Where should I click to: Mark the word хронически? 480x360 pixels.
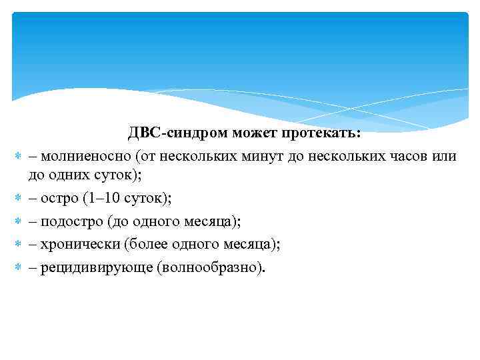pos(79,244)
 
